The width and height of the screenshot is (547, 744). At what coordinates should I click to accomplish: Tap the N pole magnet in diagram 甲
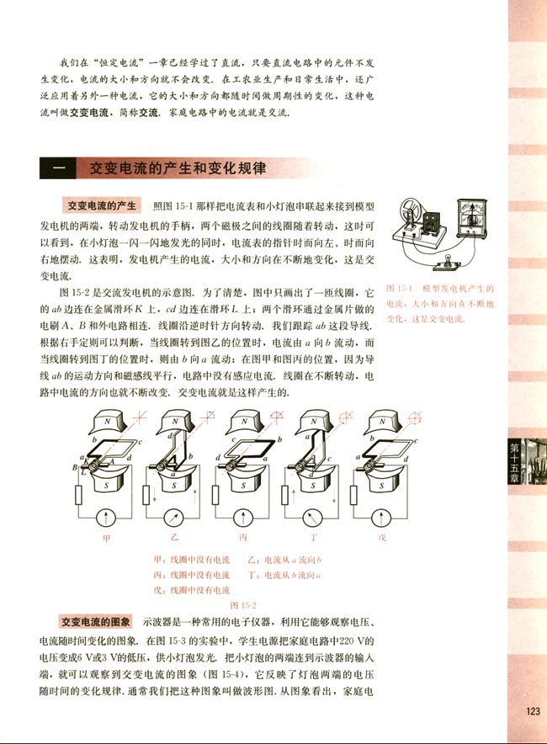[107, 420]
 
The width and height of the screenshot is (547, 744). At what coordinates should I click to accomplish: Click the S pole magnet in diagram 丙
[243, 484]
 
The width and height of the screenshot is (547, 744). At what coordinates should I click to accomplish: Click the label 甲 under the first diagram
[106, 536]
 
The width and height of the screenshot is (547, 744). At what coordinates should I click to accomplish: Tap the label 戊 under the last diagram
[381, 536]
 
